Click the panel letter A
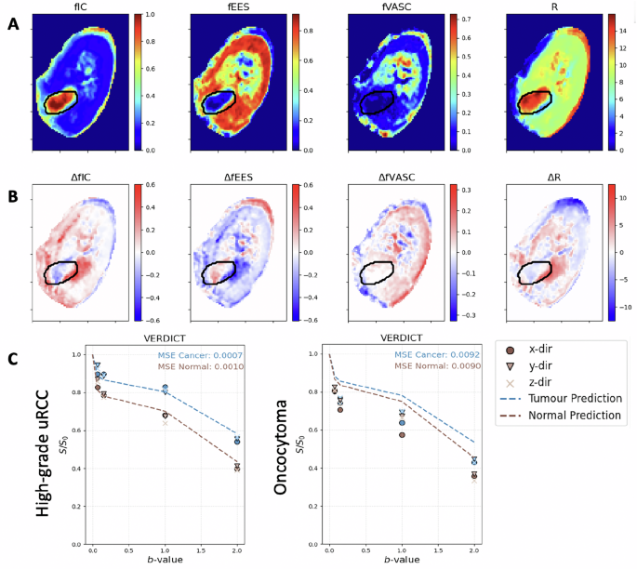pos(12,25)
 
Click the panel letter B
pos(12,197)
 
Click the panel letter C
pos(12,358)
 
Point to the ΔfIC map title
pos(78,177)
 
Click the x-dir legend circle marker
pos(510,351)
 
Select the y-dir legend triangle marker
pos(510,367)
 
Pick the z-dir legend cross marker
pos(510,383)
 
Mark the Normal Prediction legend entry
pos(575,416)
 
